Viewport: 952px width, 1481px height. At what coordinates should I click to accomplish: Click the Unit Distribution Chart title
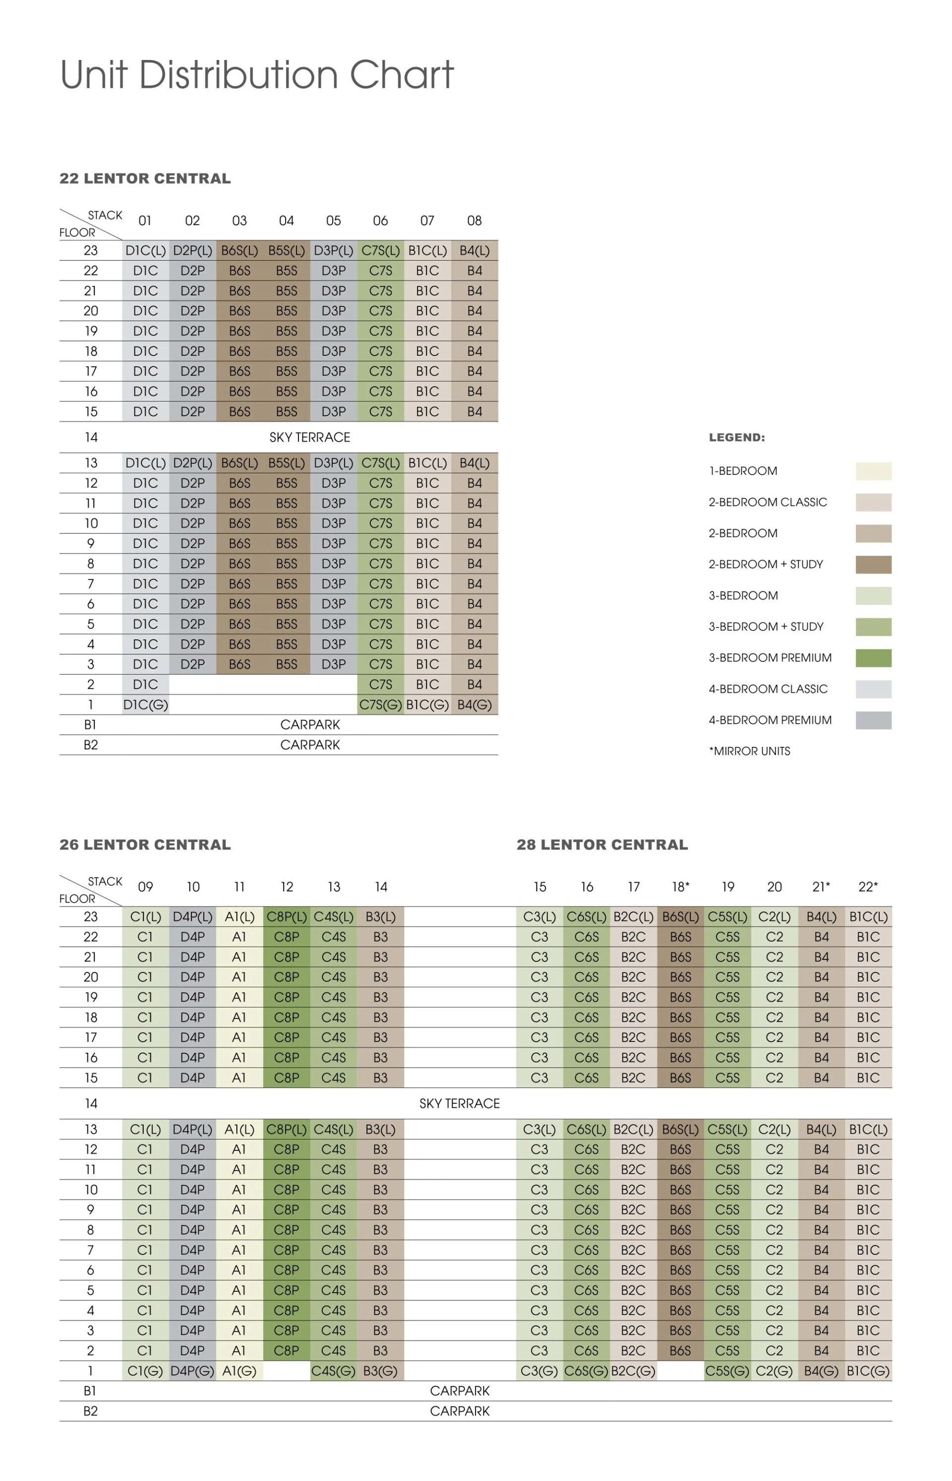pyautogui.click(x=256, y=75)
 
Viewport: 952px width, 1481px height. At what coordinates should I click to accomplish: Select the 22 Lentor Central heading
pyautogui.click(x=145, y=178)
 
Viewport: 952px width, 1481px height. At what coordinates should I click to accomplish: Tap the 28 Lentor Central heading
pyautogui.click(x=601, y=845)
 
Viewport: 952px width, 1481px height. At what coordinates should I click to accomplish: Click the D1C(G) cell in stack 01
pyautogui.click(x=145, y=704)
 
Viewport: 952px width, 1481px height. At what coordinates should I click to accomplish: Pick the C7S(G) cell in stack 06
pyautogui.click(x=380, y=704)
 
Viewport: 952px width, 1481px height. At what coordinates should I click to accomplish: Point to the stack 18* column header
pyautogui.click(x=681, y=887)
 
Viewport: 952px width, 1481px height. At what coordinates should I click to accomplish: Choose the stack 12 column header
pyautogui.click(x=287, y=887)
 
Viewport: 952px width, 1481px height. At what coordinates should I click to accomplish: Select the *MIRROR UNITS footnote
pyautogui.click(x=749, y=751)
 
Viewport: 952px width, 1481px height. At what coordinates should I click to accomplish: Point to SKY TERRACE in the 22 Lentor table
pyautogui.click(x=310, y=438)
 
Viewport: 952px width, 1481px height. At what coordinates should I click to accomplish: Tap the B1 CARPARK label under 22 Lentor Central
pyautogui.click(x=310, y=725)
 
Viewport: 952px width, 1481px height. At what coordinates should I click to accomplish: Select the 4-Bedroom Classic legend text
pyautogui.click(x=768, y=689)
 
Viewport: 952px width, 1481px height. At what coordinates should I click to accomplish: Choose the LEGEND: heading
pyautogui.click(x=736, y=438)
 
